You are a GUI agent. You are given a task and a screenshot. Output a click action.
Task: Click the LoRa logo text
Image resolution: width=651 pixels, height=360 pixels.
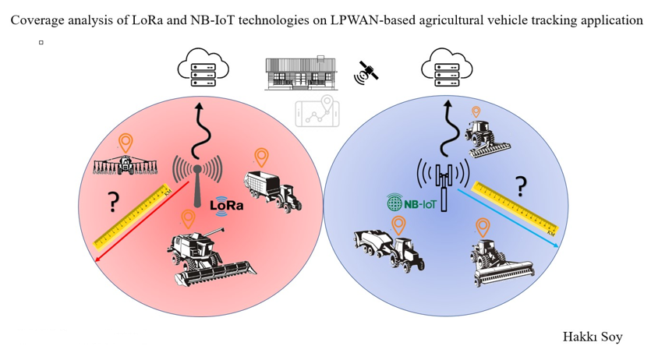pyautogui.click(x=227, y=205)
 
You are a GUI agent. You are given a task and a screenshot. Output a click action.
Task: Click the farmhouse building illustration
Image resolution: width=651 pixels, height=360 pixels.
pyautogui.click(x=300, y=73)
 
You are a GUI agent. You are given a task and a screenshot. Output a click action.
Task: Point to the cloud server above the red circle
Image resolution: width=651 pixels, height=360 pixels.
pyautogui.click(x=198, y=68)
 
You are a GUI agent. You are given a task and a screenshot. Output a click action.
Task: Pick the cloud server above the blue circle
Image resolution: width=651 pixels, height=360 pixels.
pyautogui.click(x=448, y=68)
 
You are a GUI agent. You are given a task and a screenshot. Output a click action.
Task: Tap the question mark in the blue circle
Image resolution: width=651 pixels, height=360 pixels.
pyautogui.click(x=520, y=186)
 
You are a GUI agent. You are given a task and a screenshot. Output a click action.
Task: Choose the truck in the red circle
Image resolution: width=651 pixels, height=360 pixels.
pyautogui.click(x=272, y=190)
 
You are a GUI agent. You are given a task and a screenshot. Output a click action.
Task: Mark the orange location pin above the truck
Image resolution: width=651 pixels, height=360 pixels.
pyautogui.click(x=260, y=157)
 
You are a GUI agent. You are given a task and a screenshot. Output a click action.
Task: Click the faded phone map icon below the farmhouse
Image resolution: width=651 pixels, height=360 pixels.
pyautogui.click(x=317, y=112)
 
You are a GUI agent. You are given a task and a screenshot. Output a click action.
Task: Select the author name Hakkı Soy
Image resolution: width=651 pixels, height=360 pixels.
pyautogui.click(x=593, y=337)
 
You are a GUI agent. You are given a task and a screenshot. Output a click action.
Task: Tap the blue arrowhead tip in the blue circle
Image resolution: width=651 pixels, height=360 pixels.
pyautogui.click(x=558, y=247)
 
